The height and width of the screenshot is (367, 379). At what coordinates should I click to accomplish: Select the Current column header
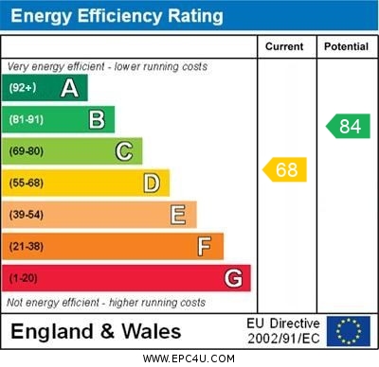(x=284, y=46)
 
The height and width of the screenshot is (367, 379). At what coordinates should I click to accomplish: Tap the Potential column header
(x=346, y=46)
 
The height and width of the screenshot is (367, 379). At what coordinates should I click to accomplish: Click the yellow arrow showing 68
(x=284, y=170)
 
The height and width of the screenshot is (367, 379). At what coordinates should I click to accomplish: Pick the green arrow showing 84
(x=348, y=126)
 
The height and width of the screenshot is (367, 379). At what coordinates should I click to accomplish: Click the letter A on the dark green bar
(x=69, y=88)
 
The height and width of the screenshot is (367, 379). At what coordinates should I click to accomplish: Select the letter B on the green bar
(x=97, y=119)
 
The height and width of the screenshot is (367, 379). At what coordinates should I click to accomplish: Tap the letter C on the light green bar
(x=124, y=151)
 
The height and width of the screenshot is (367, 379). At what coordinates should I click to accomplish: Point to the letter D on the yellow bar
(x=152, y=183)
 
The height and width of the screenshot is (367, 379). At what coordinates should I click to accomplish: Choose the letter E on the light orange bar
(x=178, y=215)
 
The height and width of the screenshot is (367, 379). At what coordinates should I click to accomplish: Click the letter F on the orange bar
(x=205, y=247)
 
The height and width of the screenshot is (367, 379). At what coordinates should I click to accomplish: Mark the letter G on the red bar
(x=233, y=279)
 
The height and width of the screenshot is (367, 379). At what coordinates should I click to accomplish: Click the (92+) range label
(x=23, y=88)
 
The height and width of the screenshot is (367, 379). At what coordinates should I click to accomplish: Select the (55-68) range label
(x=27, y=183)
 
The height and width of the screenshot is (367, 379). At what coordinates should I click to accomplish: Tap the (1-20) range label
(x=24, y=279)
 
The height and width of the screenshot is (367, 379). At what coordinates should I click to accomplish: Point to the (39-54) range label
(x=27, y=216)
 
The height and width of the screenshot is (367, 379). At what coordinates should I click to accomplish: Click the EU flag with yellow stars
(x=349, y=331)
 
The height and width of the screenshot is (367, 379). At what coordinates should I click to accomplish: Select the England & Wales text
(x=96, y=332)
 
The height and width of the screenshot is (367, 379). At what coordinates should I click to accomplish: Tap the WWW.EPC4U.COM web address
(x=189, y=359)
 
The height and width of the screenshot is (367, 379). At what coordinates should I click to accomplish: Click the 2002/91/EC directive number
(x=283, y=339)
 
